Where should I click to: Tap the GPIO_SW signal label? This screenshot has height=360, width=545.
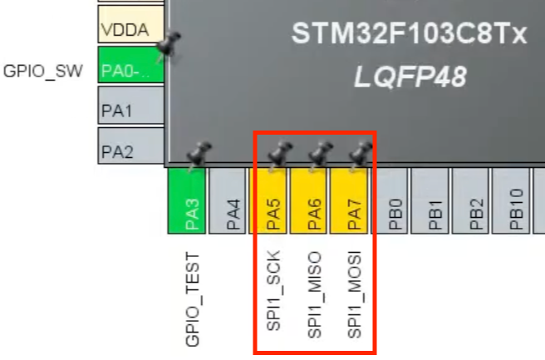pos(43,71)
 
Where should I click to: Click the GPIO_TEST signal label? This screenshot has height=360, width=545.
pos(193,298)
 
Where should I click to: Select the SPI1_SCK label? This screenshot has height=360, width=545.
pos(273,289)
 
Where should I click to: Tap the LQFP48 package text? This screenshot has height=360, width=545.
pos(410,78)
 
